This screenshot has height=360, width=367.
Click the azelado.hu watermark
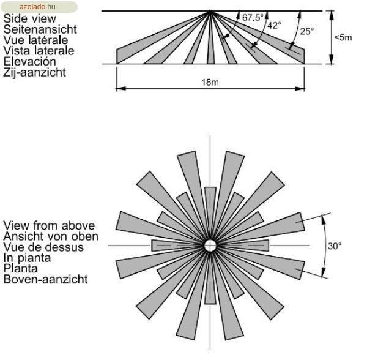click(37, 7)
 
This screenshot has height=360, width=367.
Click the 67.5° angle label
click(253, 18)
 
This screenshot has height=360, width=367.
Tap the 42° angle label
click(274, 25)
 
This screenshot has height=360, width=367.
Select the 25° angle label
click(307, 31)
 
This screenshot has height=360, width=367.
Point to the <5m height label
click(343, 37)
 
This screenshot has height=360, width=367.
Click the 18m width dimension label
click(210, 82)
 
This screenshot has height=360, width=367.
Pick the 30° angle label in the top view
click(335, 246)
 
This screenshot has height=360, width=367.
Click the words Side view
click(30, 18)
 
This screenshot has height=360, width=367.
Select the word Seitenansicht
click(40, 29)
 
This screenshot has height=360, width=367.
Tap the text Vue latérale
click(35, 40)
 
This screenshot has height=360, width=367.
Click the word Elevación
click(30, 61)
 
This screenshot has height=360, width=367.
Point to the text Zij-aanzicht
click(34, 72)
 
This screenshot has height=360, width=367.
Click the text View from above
click(49, 225)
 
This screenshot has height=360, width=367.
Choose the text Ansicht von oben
click(51, 236)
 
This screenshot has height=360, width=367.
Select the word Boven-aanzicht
click(46, 279)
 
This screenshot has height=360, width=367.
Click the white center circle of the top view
click(210, 246)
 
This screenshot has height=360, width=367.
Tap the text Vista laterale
click(39, 51)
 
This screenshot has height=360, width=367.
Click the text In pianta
click(27, 258)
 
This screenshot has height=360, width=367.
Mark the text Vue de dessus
click(43, 247)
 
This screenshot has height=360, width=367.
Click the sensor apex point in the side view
click(210, 11)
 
